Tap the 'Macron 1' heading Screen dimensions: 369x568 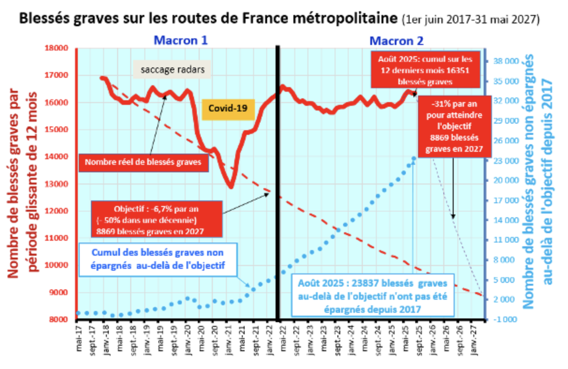pos(181,40)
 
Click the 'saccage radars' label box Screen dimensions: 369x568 pos(172,70)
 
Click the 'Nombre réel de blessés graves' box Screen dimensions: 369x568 pos(143,163)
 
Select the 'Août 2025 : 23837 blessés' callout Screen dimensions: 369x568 pos(374,295)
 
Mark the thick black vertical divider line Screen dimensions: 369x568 pos(278,183)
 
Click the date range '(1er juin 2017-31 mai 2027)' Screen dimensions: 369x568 pos(471,20)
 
